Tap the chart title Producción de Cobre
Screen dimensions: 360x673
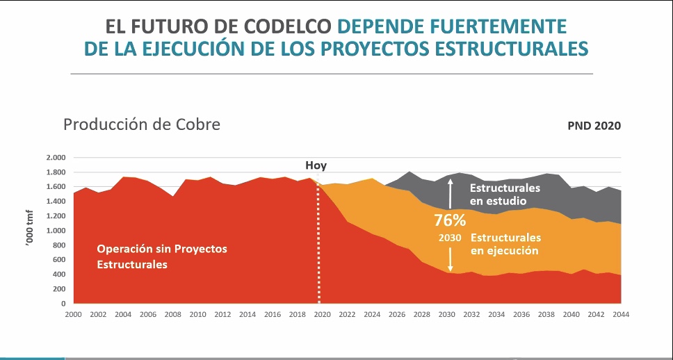click(x=142, y=125)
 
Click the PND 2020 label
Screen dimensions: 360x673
click(x=594, y=126)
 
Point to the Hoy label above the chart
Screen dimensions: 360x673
click(x=316, y=165)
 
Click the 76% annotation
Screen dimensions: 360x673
click(x=450, y=220)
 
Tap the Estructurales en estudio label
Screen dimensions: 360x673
click(x=505, y=194)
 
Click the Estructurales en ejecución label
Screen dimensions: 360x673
click(x=505, y=244)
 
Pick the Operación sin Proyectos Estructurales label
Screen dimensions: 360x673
click(x=162, y=256)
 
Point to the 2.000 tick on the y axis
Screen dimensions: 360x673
click(x=55, y=158)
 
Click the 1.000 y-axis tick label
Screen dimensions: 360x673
click(x=55, y=231)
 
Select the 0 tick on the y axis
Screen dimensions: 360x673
click(x=63, y=304)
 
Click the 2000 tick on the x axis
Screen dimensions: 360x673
click(x=74, y=314)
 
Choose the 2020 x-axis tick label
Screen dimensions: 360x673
click(x=323, y=314)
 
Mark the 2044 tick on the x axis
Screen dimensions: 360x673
click(x=621, y=314)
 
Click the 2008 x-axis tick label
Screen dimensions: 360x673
click(x=173, y=314)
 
